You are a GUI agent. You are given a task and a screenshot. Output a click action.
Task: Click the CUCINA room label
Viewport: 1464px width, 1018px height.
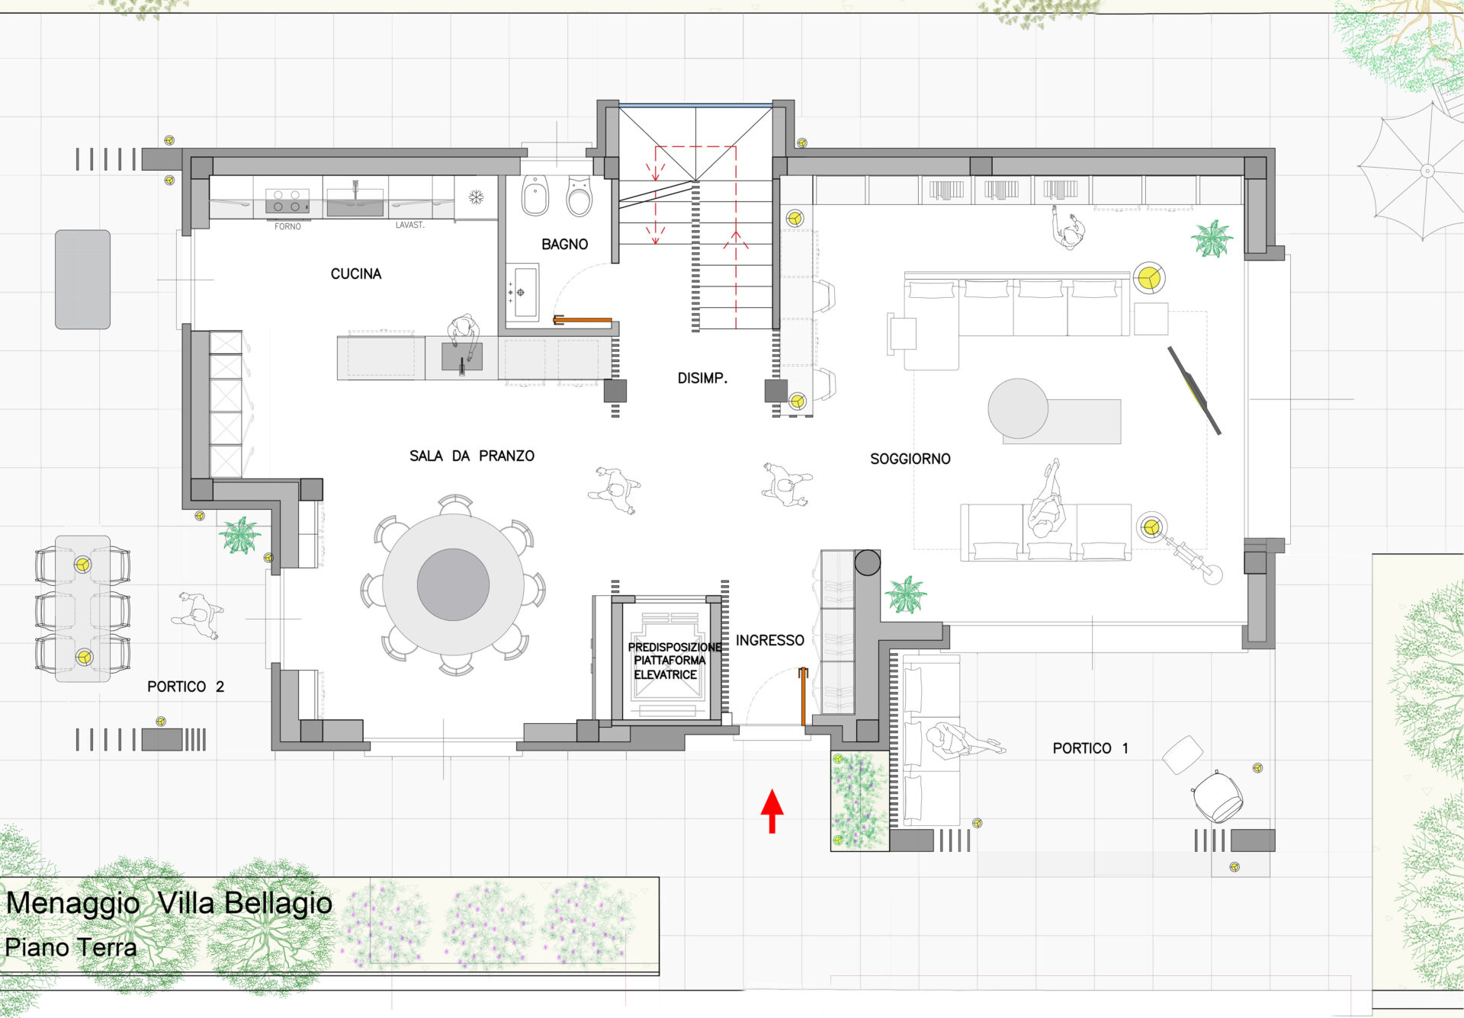click(x=356, y=274)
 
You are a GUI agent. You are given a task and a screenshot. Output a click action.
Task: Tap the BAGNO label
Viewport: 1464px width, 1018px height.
click(x=565, y=245)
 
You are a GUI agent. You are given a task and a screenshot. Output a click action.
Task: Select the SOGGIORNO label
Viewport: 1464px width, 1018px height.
click(x=910, y=459)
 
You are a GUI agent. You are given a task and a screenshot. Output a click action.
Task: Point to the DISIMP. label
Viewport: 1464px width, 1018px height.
click(x=702, y=378)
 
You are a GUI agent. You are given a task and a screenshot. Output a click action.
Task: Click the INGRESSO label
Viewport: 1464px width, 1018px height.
click(x=770, y=640)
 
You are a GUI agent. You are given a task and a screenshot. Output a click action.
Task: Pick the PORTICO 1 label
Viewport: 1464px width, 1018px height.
click(x=1090, y=748)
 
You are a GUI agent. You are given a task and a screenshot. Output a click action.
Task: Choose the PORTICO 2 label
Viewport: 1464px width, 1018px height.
click(x=185, y=687)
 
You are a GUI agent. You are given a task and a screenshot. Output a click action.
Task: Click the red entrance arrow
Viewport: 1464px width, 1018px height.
click(x=772, y=811)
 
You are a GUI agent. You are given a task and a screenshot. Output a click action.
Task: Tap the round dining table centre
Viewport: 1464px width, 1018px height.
click(x=453, y=584)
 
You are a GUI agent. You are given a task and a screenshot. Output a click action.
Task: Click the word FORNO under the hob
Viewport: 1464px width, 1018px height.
click(x=287, y=226)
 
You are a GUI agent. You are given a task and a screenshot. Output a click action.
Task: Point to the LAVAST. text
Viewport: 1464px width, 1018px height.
click(x=410, y=225)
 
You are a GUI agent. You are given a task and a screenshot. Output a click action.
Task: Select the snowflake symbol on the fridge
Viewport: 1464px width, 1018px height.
click(x=476, y=198)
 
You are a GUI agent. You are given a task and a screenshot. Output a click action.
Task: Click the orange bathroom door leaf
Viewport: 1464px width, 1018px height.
click(x=583, y=320)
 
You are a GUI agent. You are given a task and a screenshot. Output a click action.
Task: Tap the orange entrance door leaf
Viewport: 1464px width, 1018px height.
click(x=803, y=696)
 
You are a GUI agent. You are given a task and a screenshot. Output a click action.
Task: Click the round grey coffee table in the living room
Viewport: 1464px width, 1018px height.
click(x=1018, y=408)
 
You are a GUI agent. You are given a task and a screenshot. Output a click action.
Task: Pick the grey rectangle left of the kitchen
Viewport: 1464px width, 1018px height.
click(x=82, y=280)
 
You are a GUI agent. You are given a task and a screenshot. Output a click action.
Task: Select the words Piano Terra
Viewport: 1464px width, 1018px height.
click(x=71, y=947)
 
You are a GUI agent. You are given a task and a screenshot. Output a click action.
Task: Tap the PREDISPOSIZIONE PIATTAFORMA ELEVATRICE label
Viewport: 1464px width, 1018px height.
click(x=674, y=661)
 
